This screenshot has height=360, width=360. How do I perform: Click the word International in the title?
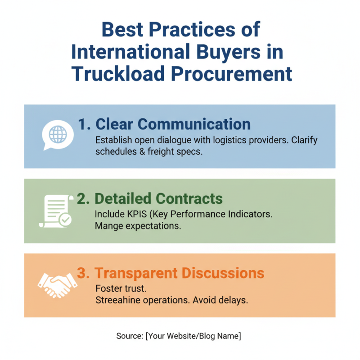pos(128,52)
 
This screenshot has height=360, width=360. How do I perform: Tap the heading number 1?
pos(83,124)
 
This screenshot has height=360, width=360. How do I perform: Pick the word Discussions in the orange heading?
pos(227,273)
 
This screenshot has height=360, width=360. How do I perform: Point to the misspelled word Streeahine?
pos(117,300)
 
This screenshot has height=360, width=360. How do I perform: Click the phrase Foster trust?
pos(118,288)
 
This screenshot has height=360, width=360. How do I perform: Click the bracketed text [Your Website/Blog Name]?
pos(193,336)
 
